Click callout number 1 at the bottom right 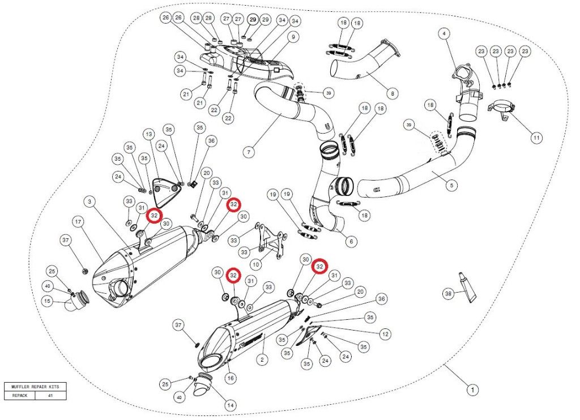point(470,389)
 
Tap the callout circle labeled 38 point(449,293)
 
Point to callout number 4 point(444,34)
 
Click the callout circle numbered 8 point(391,93)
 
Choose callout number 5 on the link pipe point(452,185)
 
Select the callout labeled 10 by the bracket point(255,264)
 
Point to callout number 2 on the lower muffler point(262,359)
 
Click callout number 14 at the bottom point(230,405)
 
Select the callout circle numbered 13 point(148,134)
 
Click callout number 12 point(385,334)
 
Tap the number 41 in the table point(50,396)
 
